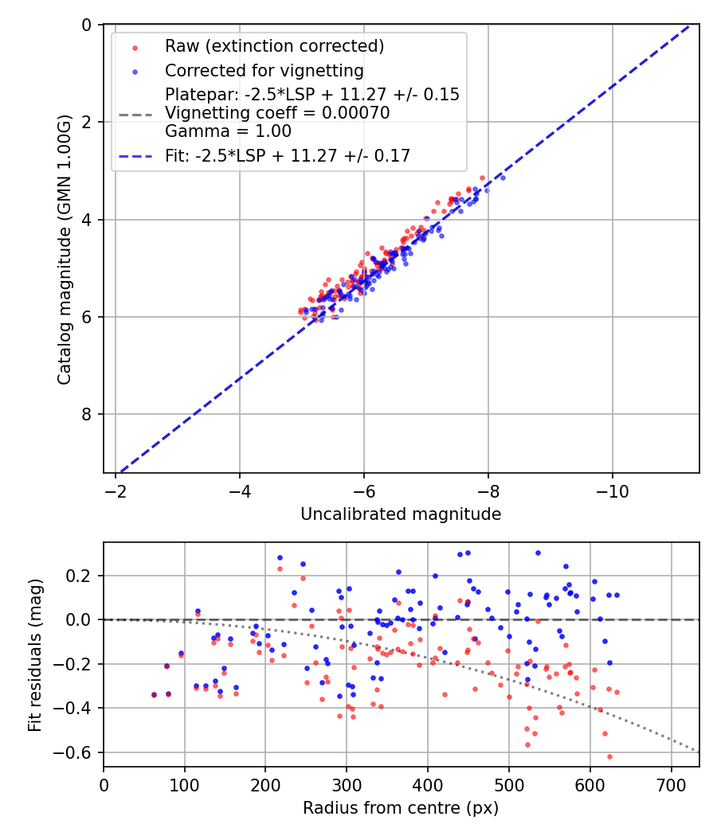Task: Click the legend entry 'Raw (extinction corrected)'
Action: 274,46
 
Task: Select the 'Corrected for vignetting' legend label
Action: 264,70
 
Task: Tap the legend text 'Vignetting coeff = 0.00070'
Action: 277,113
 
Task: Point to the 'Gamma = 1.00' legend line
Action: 228,131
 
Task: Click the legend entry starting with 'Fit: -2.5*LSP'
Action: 288,156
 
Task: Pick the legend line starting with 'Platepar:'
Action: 311,95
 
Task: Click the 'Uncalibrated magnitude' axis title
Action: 401,514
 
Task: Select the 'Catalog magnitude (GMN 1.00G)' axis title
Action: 65,249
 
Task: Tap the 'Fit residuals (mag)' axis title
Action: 35,654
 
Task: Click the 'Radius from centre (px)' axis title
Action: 401,808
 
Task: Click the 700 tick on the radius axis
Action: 671,784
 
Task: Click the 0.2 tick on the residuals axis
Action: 84,575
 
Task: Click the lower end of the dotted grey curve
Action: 698,751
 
